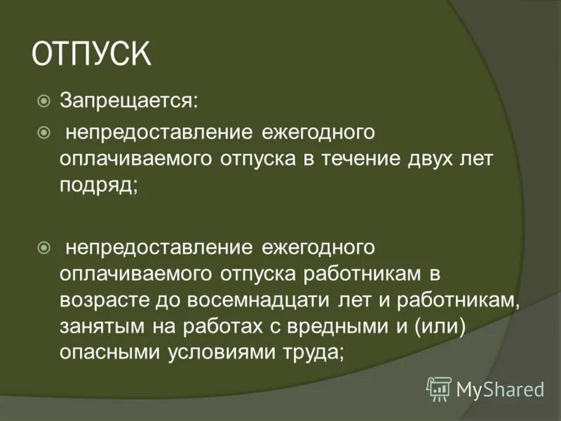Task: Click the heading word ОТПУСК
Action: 91,55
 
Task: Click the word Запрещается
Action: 128,102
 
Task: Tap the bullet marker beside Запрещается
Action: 43,102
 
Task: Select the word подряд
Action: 97,185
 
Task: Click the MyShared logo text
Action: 500,387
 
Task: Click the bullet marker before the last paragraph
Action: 43,247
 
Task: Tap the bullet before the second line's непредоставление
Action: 43,131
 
